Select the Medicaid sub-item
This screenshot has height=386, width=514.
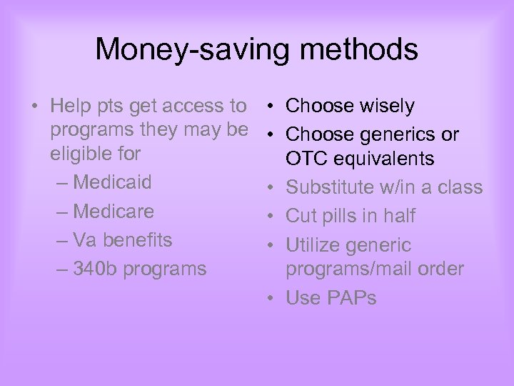point(112,182)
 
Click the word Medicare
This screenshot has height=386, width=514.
point(113,212)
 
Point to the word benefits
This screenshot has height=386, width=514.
point(136,240)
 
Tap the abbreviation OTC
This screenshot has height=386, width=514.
point(306,159)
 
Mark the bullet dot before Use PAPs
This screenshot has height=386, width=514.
point(274,299)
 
